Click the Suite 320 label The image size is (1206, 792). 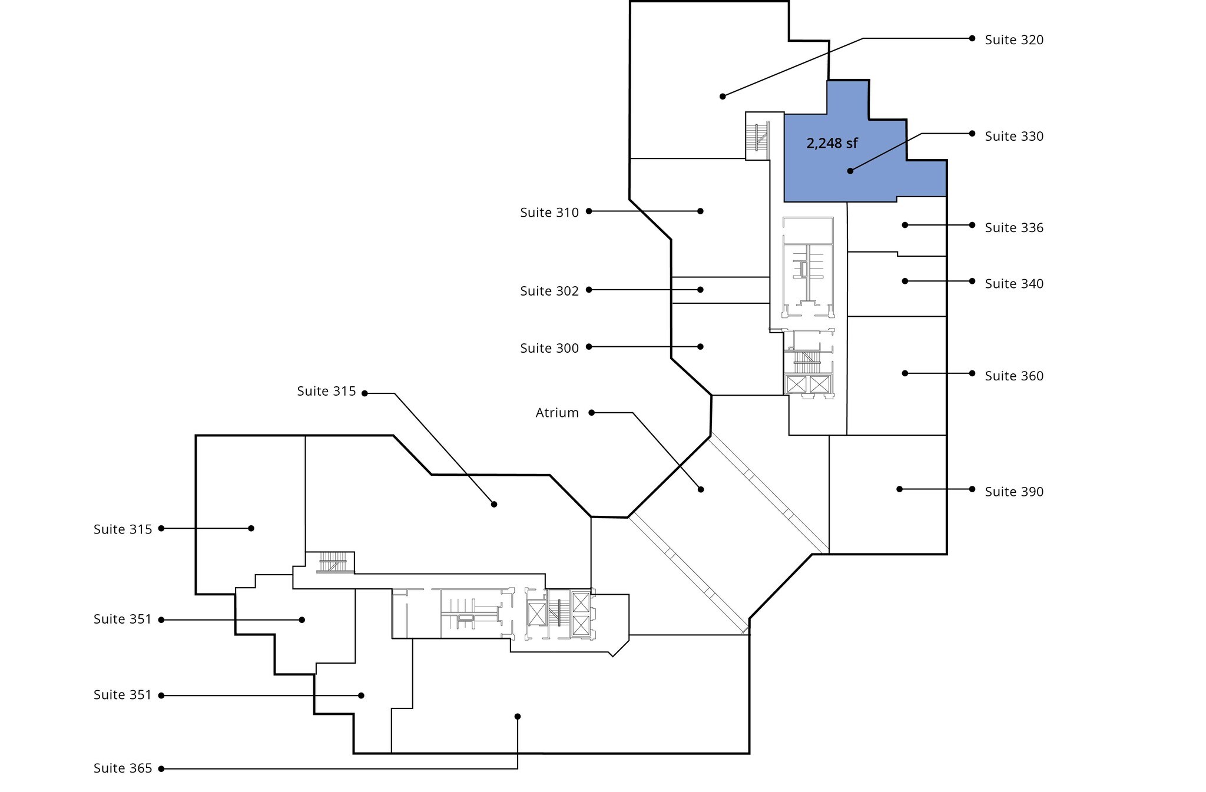tap(1014, 40)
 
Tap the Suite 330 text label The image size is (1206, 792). tap(1014, 137)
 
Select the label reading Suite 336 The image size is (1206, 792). tap(1014, 228)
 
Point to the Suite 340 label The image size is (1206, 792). tap(1014, 284)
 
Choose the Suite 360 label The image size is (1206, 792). tap(1014, 376)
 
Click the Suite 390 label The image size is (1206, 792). tap(1014, 492)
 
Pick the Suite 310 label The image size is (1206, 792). tap(549, 213)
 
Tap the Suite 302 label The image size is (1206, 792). tap(549, 291)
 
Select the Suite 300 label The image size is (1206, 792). tap(549, 348)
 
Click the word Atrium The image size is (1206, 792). tap(557, 413)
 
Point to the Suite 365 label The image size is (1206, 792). tap(122, 768)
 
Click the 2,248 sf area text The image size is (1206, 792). tap(832, 143)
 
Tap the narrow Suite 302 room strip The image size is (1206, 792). tap(721, 290)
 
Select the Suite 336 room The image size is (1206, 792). tap(897, 226)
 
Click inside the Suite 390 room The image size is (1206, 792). tap(887, 495)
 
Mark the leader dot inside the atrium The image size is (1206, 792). tap(701, 489)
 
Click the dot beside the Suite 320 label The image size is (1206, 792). tap(972, 38)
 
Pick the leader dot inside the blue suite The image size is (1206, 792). tap(850, 171)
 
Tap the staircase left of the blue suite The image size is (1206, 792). tap(758, 136)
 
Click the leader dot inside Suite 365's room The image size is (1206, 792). tap(518, 717)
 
